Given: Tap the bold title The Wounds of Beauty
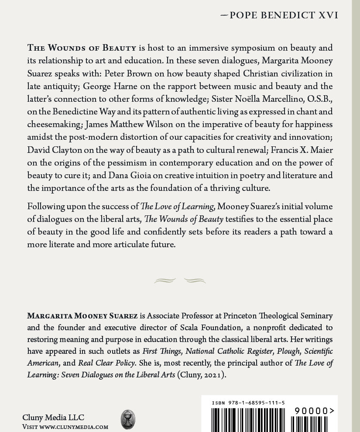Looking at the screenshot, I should pyautogui.click(x=82, y=48).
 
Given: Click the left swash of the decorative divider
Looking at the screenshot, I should pyautogui.click(x=165, y=280).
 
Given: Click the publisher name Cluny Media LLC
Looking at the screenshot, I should pyautogui.click(x=53, y=417).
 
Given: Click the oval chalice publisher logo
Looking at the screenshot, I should pyautogui.click(x=128, y=419).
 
